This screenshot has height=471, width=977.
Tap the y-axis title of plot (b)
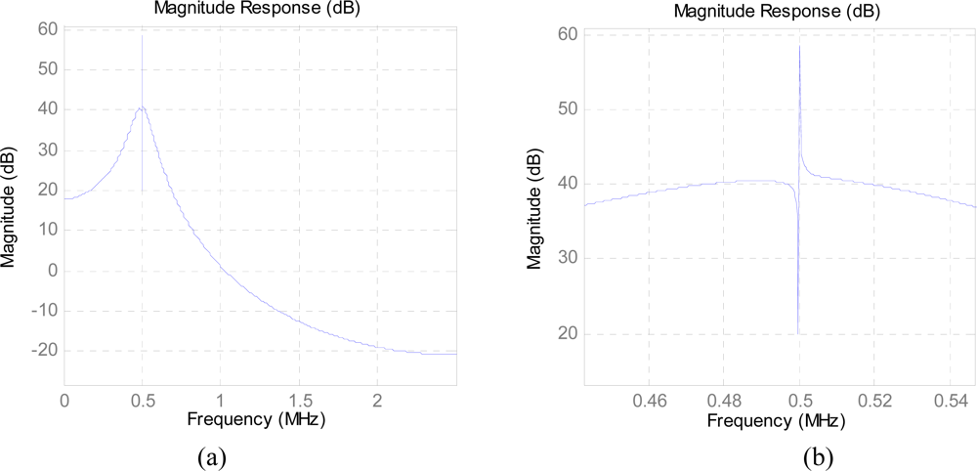click(x=534, y=209)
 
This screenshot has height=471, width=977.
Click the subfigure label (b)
click(x=818, y=455)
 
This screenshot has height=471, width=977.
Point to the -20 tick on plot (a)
click(x=43, y=351)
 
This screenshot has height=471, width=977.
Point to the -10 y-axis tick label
click(x=43, y=311)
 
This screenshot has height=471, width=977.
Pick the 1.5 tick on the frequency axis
click(x=299, y=401)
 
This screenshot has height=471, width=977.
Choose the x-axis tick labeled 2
click(x=377, y=401)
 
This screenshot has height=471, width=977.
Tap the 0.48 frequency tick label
click(x=723, y=401)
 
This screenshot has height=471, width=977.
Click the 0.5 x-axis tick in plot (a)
click(x=143, y=401)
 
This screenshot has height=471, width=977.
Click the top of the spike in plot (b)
click(x=799, y=46)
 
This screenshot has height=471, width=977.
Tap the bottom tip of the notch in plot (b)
click(x=798, y=333)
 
